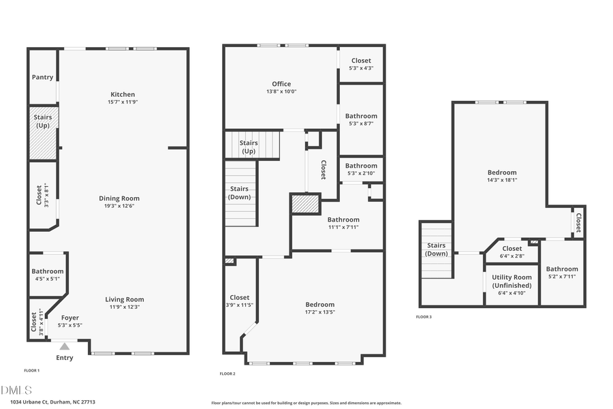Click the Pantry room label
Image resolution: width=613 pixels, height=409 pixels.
42,77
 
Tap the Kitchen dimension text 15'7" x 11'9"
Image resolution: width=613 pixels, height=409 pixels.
123,102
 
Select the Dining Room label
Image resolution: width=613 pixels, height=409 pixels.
123,198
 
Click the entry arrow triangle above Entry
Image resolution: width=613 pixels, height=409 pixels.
65,346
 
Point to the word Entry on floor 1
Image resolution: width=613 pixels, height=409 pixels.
65,358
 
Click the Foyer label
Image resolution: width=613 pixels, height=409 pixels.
70,318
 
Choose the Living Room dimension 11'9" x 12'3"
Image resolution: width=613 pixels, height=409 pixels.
124,307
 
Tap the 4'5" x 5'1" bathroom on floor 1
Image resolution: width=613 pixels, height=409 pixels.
47,275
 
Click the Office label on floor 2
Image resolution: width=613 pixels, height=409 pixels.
281,85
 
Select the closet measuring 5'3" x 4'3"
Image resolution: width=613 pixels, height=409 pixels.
361,64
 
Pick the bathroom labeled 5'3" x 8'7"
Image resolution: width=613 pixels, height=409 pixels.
361,120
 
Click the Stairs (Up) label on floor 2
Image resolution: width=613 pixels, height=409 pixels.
249,147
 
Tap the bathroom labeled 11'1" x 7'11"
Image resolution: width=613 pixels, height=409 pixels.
343,223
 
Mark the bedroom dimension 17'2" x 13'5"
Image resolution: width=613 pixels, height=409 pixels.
320,312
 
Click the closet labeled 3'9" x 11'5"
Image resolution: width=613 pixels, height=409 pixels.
240,301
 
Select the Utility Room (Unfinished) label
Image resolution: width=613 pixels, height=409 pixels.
512,281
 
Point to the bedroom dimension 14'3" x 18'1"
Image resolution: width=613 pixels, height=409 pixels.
502,180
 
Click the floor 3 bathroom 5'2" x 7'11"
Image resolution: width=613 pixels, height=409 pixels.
562,273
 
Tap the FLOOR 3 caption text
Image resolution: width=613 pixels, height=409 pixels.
424,317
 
